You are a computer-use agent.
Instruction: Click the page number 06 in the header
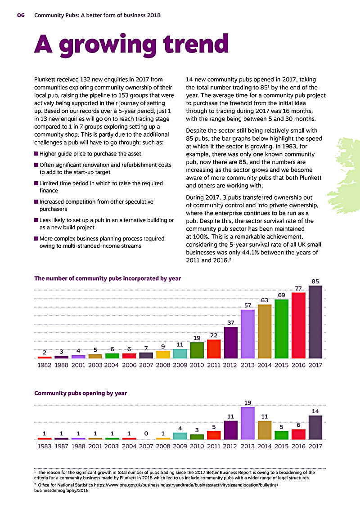pos(21,15)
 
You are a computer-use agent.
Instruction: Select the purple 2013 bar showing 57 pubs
pos(248,334)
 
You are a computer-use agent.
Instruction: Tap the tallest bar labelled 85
pos(315,322)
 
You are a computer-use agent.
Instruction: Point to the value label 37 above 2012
pos(231,322)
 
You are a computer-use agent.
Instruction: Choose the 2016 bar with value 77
pos(299,325)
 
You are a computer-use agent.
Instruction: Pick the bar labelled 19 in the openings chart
pos(248,423)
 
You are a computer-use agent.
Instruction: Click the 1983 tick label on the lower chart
pos(45,446)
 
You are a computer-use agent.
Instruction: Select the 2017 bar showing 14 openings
pos(315,427)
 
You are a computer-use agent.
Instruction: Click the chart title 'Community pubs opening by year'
pos(81,393)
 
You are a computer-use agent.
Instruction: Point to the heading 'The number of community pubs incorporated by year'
pos(108,278)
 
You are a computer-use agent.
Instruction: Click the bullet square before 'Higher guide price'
pos(36,153)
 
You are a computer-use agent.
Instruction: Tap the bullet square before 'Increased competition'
pos(36,202)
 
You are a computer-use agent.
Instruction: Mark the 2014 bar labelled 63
pos(265,331)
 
